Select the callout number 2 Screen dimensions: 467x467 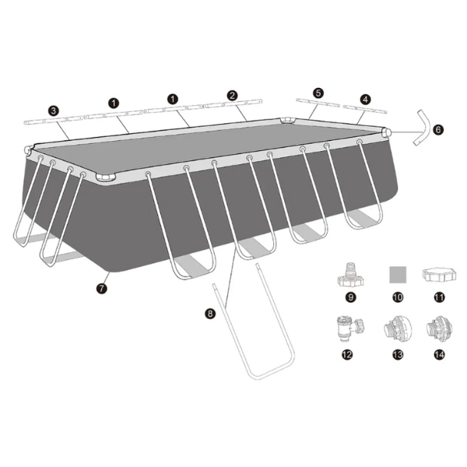232,95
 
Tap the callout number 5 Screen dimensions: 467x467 318,92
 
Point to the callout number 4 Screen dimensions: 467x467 366,99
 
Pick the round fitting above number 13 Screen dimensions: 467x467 395,328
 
